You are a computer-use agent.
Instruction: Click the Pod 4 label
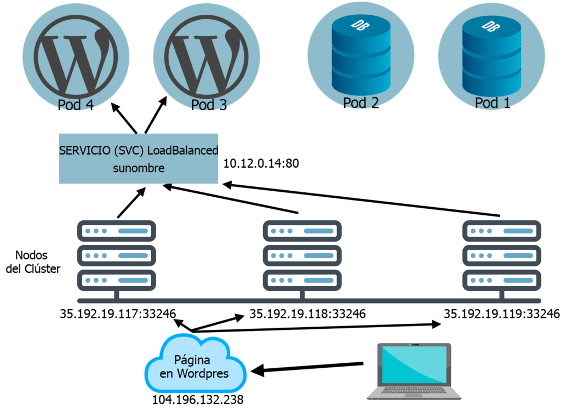(x=76, y=104)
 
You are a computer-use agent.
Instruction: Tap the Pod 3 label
(x=209, y=105)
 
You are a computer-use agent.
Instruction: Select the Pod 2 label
(x=361, y=102)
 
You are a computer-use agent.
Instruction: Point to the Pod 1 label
(x=493, y=102)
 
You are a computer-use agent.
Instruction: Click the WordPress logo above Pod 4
(x=76, y=56)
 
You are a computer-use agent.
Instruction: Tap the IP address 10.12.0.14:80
(x=261, y=163)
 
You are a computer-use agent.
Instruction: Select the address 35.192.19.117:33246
(x=118, y=314)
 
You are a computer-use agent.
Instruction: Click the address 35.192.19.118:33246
(x=307, y=314)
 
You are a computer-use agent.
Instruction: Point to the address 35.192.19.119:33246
(x=501, y=314)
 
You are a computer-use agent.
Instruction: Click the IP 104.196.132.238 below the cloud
(x=198, y=399)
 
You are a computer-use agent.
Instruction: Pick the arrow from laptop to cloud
(x=307, y=368)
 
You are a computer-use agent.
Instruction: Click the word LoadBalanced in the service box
(x=183, y=150)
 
